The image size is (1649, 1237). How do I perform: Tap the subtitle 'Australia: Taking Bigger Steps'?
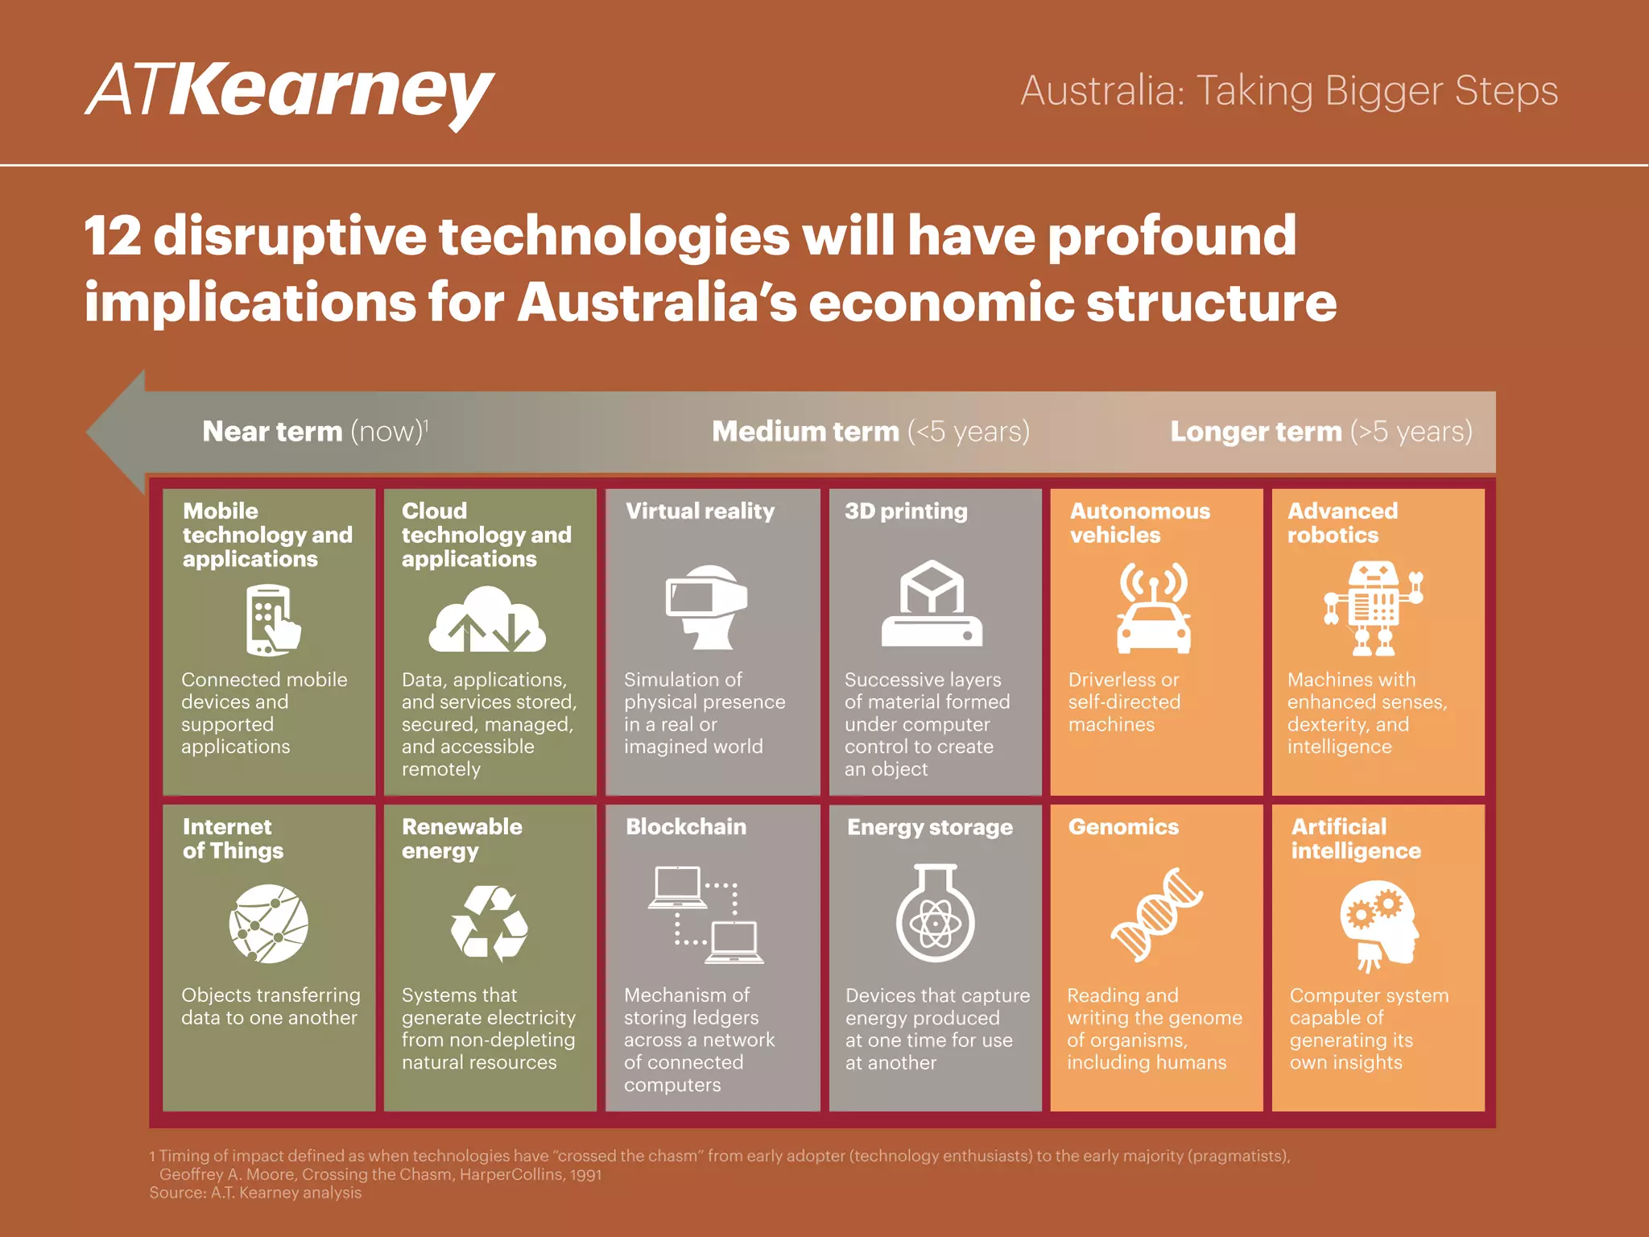(x=1289, y=91)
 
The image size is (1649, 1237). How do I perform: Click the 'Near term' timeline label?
(x=315, y=432)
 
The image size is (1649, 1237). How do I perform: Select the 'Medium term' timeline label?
(x=870, y=432)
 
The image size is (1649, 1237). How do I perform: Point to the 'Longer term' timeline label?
(x=1320, y=432)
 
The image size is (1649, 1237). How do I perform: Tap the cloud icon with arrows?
(x=486, y=619)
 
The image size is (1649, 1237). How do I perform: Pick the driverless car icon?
(x=1153, y=609)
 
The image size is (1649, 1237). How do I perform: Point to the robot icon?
(x=1374, y=608)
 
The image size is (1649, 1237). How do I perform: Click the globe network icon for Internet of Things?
(x=268, y=924)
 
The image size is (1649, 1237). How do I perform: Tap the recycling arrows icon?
(x=489, y=923)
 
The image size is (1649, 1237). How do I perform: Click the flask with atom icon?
(x=935, y=913)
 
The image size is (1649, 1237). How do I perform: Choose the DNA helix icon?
(x=1156, y=915)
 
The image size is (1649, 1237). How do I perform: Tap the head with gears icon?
(x=1378, y=925)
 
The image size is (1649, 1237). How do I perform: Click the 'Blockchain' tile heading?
(x=686, y=827)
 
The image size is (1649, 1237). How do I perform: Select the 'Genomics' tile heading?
(x=1123, y=827)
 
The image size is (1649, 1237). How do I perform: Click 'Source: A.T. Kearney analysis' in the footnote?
(x=255, y=1193)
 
